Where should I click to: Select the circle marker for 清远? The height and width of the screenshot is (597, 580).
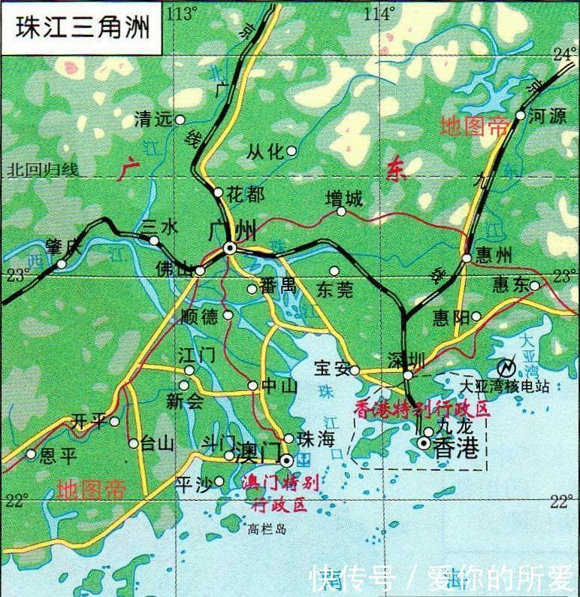click(180, 120)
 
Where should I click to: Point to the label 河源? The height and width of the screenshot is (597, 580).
click(547, 116)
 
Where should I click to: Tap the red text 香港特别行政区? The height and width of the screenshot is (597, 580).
click(421, 409)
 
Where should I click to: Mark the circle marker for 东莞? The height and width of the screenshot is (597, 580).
click(334, 271)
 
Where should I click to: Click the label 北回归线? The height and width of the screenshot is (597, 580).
click(43, 170)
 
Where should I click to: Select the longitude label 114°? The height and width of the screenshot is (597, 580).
click(379, 13)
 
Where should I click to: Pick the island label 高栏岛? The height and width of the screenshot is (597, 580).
click(267, 529)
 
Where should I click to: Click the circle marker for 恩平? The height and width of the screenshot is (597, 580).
click(31, 454)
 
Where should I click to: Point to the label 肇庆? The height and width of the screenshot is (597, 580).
click(62, 246)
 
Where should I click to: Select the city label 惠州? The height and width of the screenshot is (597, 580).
click(493, 256)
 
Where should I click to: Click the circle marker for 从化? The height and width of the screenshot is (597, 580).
click(292, 151)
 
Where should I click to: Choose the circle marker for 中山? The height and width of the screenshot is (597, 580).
click(252, 386)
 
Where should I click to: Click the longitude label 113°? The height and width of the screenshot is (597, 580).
click(183, 13)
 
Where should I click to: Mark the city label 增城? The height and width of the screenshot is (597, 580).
click(343, 198)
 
